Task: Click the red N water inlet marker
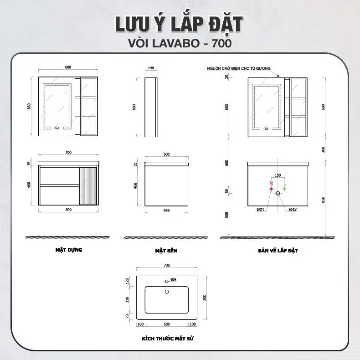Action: point(271,189)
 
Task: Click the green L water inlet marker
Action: point(284,189)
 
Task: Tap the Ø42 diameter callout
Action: point(293,209)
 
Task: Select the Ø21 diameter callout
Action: point(260,209)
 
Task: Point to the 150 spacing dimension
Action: point(278,175)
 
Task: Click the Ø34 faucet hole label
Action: point(173,279)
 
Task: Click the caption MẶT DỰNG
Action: point(69,250)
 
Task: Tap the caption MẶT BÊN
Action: point(166,251)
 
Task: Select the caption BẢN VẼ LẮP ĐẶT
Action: point(278,251)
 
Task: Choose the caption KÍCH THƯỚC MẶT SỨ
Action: point(168,339)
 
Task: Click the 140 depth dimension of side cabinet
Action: point(151,68)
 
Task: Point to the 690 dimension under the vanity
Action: point(68,210)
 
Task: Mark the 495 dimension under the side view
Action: point(166,211)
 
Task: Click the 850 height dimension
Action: point(323,200)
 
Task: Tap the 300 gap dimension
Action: point(323,149)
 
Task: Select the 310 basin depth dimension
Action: point(127,299)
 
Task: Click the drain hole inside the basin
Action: point(167,292)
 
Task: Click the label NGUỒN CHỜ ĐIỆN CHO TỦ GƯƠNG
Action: point(239,68)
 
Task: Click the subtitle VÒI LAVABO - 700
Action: point(180,43)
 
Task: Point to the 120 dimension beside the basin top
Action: point(127,281)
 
